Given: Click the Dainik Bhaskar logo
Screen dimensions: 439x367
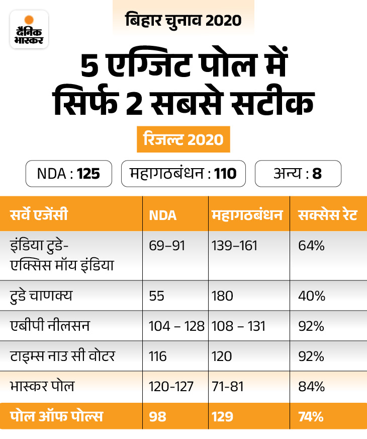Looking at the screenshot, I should click(29, 29).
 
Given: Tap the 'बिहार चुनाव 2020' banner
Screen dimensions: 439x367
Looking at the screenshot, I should click(183, 21).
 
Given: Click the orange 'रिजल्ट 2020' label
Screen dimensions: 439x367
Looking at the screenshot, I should click(183, 139).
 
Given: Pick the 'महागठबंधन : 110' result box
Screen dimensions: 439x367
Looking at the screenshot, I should click(183, 174).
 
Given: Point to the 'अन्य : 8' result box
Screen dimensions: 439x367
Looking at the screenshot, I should click(298, 174).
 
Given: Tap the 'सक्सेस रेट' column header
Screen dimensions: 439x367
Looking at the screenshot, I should click(326, 215).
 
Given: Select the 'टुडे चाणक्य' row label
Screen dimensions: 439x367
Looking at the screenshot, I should click(41, 296).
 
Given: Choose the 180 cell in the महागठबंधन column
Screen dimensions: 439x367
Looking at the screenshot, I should click(222, 296).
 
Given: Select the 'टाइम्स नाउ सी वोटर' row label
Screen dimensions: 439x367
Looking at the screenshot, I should click(62, 356).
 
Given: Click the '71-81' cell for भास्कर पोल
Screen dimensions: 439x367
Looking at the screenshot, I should click(227, 386).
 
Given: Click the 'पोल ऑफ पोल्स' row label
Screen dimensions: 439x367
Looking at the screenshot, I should click(56, 416).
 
